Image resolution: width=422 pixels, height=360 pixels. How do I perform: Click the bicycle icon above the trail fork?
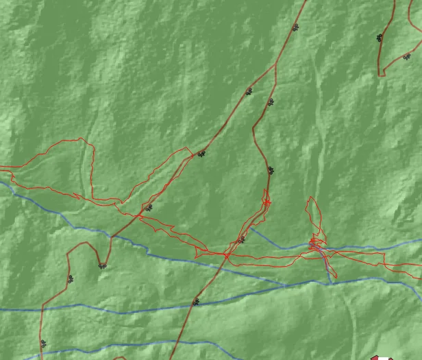[x=295, y=27]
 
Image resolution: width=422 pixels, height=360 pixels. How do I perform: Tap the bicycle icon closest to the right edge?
[x=406, y=56]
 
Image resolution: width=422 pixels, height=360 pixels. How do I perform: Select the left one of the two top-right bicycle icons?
[x=379, y=38]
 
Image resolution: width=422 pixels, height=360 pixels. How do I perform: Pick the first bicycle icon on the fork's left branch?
[x=249, y=91]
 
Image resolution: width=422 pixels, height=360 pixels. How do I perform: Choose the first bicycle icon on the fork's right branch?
[x=271, y=102]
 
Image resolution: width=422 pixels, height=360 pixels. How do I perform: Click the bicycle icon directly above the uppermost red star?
[x=271, y=171]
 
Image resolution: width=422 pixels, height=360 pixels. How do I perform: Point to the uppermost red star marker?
[x=266, y=202]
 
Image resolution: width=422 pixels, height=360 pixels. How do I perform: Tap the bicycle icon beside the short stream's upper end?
[x=241, y=239]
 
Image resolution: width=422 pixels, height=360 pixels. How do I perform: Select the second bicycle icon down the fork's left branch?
[x=201, y=154]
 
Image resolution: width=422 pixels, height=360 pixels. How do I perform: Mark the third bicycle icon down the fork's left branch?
[x=149, y=207]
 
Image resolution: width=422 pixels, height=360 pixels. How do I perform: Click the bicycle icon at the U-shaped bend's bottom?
[x=102, y=265]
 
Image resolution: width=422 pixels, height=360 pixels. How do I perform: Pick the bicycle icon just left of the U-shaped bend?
[x=71, y=279]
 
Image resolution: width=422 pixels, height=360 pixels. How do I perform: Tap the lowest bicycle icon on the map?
[x=43, y=344]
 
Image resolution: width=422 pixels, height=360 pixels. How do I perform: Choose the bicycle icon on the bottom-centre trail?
[x=196, y=302]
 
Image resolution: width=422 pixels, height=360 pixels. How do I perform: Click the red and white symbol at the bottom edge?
[x=382, y=357]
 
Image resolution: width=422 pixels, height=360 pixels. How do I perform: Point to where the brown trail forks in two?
[x=276, y=66]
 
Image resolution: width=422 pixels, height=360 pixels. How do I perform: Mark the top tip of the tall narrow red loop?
[x=311, y=198]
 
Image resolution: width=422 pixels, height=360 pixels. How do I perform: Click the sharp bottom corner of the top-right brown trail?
[x=380, y=75]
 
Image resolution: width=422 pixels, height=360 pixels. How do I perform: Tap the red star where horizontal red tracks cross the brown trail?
[x=227, y=255]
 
